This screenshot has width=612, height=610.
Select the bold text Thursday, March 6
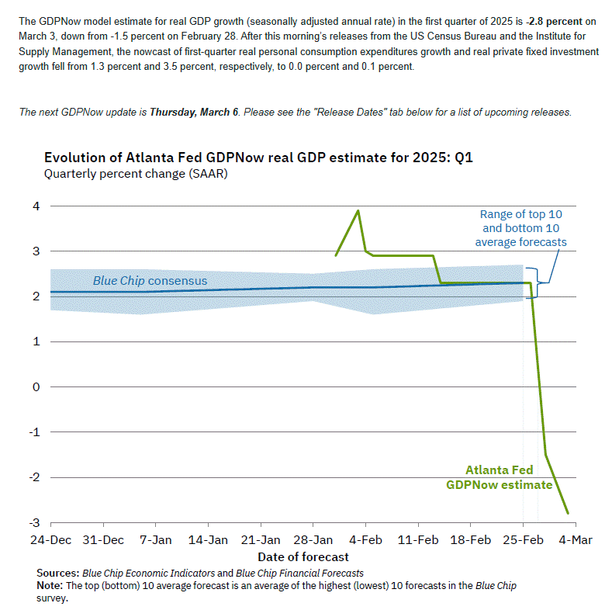(195, 113)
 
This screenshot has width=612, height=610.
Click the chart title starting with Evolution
(258, 158)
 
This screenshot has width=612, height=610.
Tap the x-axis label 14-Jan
(208, 540)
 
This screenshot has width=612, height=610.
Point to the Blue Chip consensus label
(150, 280)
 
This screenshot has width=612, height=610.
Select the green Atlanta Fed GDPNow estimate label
(499, 477)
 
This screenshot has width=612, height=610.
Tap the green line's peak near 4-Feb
(358, 210)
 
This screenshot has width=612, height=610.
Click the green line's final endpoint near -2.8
(568, 513)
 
